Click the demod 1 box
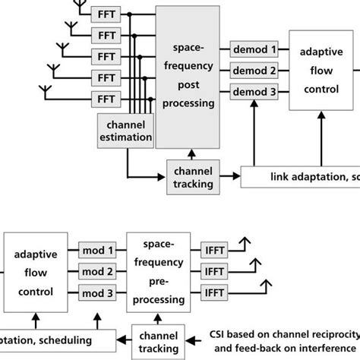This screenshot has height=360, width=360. [254, 50]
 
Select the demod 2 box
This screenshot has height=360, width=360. [254, 71]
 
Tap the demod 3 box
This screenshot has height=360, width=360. [254, 93]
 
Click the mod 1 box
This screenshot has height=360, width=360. [97, 250]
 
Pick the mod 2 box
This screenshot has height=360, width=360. [97, 271]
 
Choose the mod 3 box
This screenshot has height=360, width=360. [97, 292]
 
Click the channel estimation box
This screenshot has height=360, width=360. [126, 131]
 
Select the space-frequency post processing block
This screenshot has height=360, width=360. [188, 77]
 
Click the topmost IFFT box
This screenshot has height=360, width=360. [216, 250]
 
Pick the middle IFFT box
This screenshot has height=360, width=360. [216, 271]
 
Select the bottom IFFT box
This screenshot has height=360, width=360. [216, 292]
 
